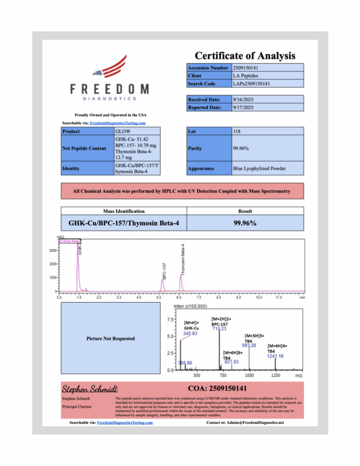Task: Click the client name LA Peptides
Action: point(245,76)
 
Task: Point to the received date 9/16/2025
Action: point(244,100)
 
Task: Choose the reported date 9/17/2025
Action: point(244,107)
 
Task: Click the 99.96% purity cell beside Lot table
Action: point(241,148)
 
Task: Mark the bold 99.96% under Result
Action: point(245,223)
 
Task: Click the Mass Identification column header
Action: point(124,211)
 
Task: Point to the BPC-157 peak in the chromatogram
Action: point(163,279)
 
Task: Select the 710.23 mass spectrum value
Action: point(218,328)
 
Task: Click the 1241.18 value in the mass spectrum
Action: point(276,356)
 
